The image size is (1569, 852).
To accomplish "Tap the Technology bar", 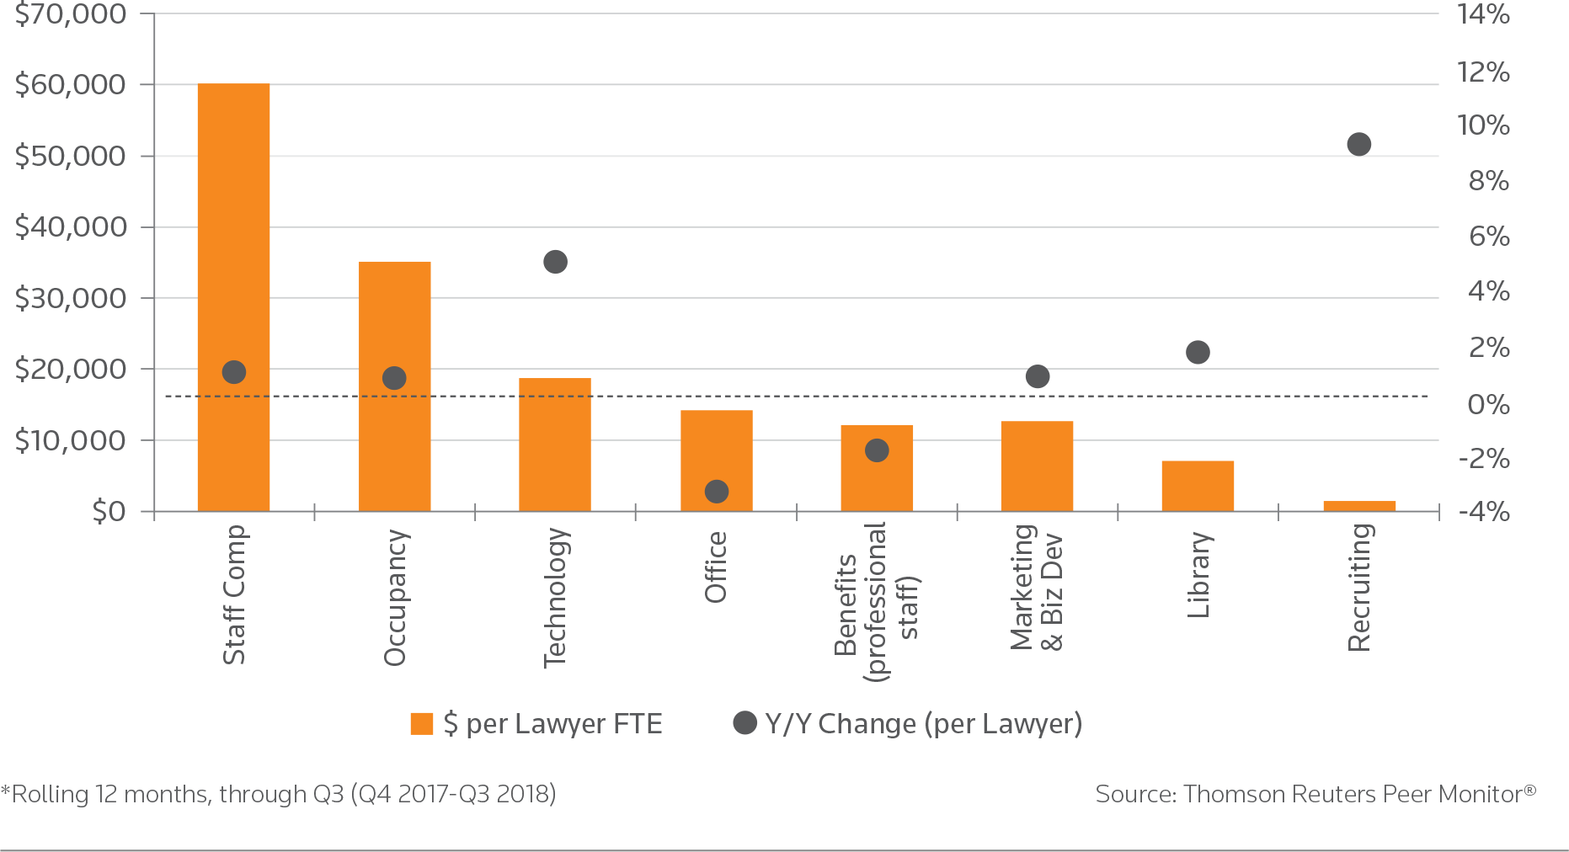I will tap(554, 445).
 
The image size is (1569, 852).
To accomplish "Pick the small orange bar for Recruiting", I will tap(1358, 506).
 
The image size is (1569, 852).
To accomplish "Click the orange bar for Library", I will tap(1198, 486).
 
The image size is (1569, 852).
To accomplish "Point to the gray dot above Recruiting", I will tap(1358, 145).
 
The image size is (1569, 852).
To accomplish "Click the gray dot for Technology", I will tap(555, 262).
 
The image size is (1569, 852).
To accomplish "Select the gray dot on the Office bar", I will tap(716, 492).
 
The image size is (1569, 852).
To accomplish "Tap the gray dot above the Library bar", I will tap(1198, 352).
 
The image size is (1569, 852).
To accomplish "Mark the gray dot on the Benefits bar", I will tap(877, 450).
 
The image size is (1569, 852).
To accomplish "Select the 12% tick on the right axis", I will tap(1483, 72).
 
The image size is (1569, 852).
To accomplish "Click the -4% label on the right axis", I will tap(1484, 512).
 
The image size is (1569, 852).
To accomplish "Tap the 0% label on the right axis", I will tap(1488, 405).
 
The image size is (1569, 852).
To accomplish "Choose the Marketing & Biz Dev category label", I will tap(1037, 588).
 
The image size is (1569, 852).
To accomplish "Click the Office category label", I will tap(716, 567).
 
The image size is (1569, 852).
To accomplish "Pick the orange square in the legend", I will tap(421, 724).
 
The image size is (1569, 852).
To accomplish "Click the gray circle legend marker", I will tap(744, 722).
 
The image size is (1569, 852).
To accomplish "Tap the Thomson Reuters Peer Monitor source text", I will tap(1316, 794).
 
